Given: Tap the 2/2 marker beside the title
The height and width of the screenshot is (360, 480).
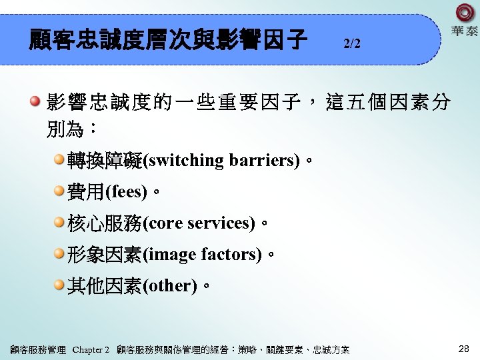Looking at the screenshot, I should tap(352, 44).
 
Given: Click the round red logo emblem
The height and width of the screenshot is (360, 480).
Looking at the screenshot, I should tap(465, 13).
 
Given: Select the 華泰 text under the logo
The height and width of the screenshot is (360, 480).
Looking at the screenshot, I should tap(464, 32).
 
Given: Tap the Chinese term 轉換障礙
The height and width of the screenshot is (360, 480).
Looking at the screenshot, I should tap(105, 161).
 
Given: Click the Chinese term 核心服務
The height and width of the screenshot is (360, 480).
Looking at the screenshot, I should tap(105, 223).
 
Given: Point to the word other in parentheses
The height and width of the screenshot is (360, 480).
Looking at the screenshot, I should tap(170, 286).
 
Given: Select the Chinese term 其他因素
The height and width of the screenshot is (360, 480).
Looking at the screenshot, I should tap(105, 286).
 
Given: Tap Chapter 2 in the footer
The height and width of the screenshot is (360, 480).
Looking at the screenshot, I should tap(90, 349).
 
